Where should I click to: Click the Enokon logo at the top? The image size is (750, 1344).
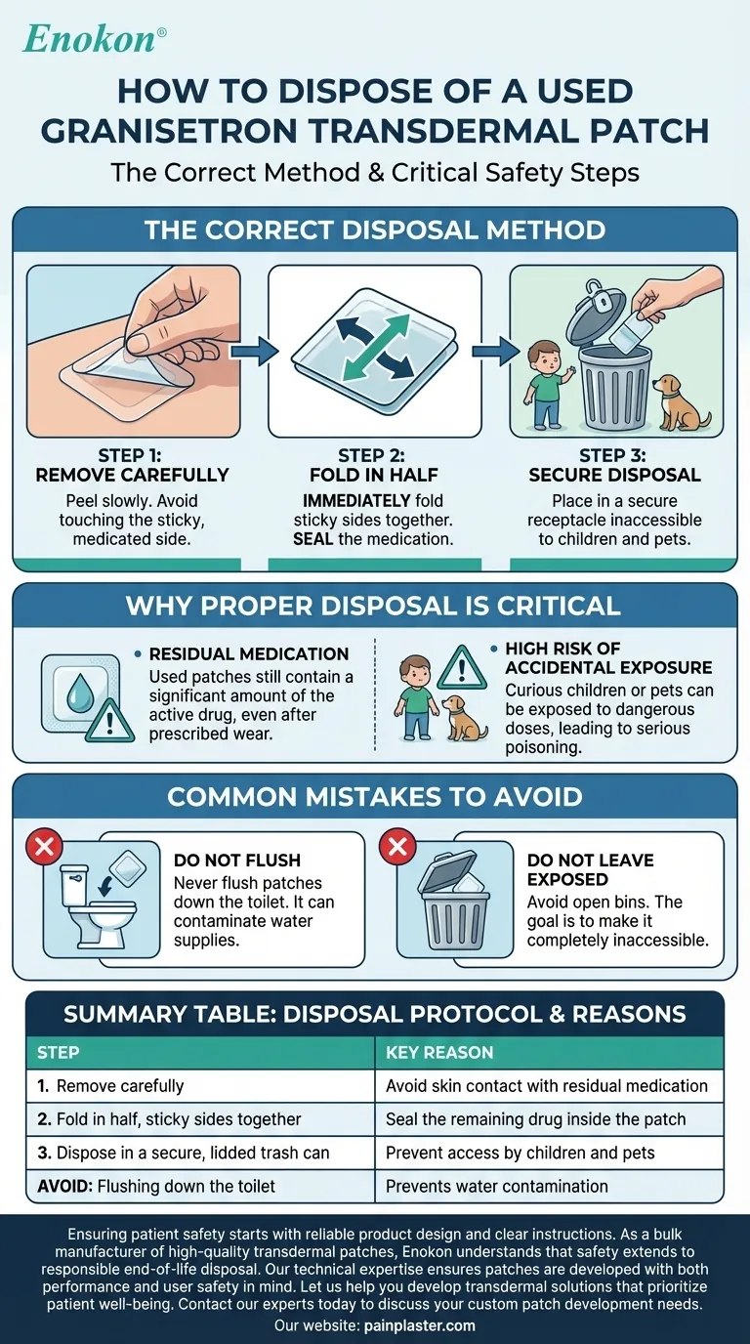(x=94, y=39)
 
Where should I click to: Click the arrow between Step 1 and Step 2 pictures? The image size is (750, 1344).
(x=255, y=351)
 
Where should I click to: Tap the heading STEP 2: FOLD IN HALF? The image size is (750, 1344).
(x=373, y=465)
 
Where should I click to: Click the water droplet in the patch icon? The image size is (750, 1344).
(x=78, y=697)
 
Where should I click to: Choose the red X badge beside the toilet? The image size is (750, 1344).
(x=44, y=847)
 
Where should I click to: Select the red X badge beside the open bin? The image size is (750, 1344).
(x=397, y=847)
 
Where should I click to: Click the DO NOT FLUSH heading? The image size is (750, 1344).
(x=237, y=860)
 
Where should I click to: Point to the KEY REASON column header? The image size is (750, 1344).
(x=439, y=1052)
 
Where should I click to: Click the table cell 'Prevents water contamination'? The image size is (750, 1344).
(x=497, y=1186)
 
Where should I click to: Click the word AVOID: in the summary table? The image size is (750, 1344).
(x=64, y=1186)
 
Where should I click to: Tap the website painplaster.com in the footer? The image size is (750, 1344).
(x=419, y=1324)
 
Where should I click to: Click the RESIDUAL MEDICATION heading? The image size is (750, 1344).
(x=249, y=653)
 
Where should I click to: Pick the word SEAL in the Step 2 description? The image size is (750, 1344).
(x=312, y=539)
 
